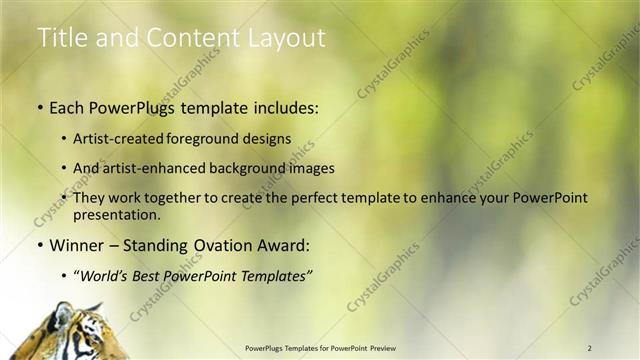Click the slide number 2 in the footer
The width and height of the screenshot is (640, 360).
point(590,347)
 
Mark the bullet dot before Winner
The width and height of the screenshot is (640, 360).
point(39,244)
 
